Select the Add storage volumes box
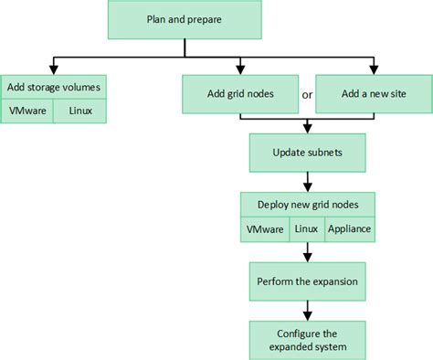(x=53, y=88)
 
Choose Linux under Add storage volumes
(x=79, y=111)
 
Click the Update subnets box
(x=307, y=153)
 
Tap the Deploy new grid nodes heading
(x=307, y=205)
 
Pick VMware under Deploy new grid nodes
(x=265, y=228)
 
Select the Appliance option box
(x=350, y=228)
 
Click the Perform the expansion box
(x=307, y=282)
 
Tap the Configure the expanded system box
(x=307, y=339)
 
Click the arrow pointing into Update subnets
(x=307, y=130)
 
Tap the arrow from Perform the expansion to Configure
(x=307, y=312)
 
